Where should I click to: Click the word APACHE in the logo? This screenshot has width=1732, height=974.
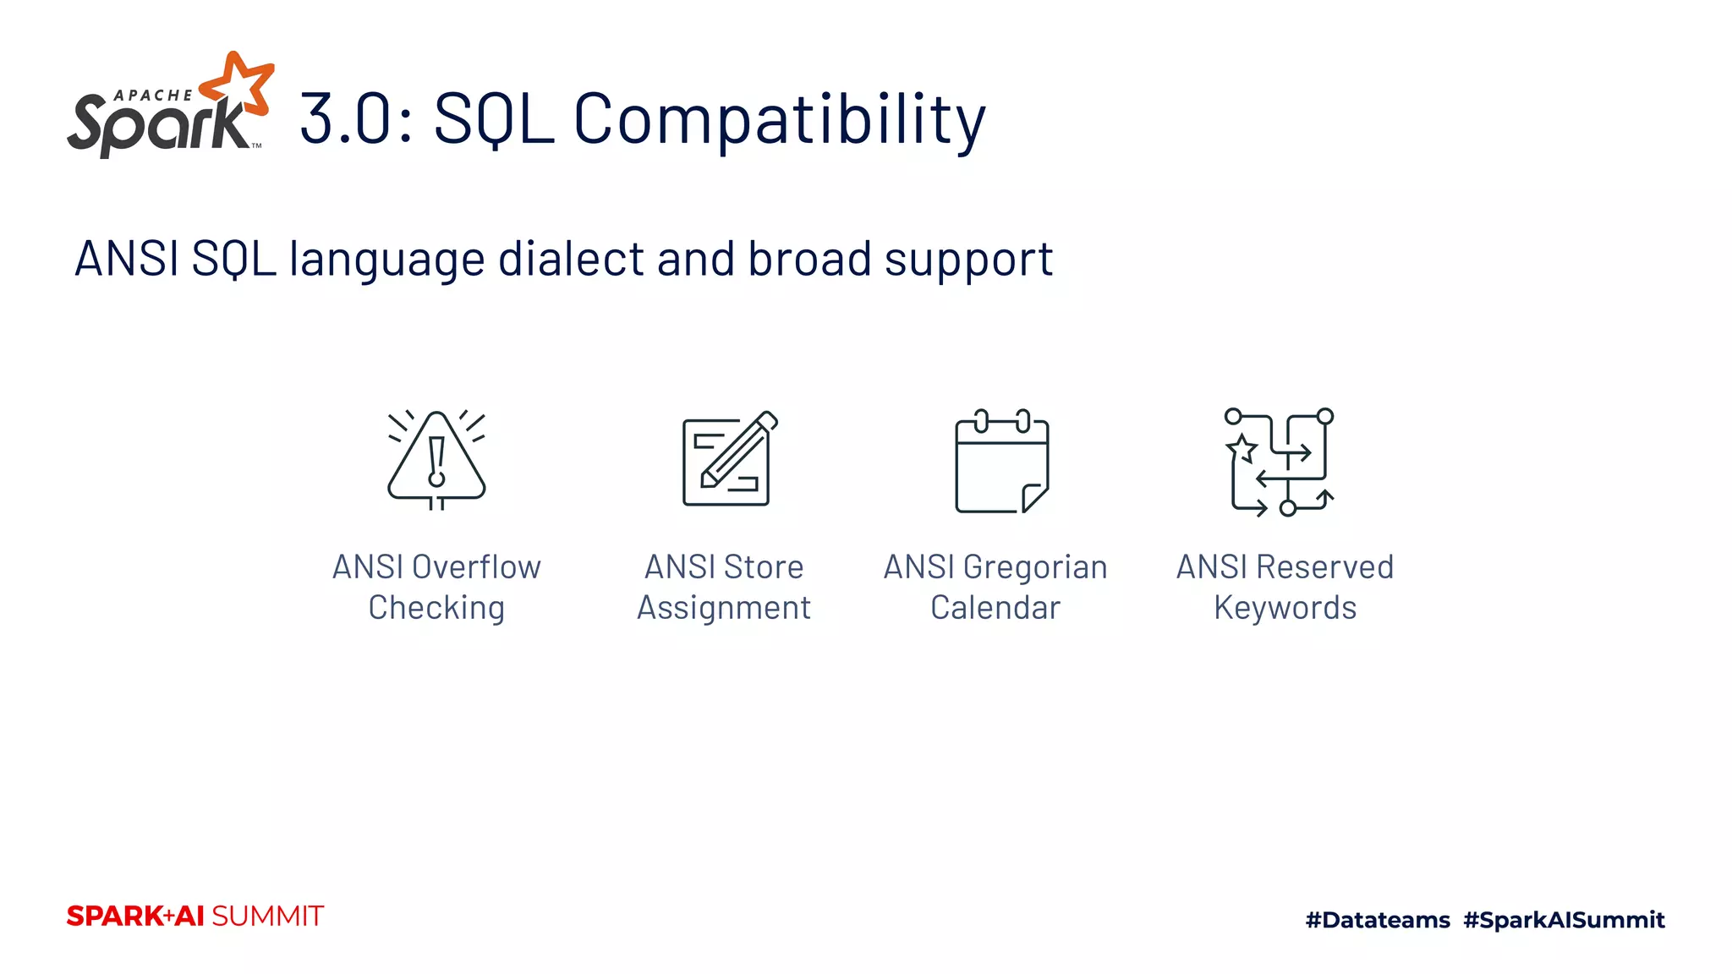point(153,96)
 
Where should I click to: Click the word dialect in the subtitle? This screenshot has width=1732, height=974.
point(570,259)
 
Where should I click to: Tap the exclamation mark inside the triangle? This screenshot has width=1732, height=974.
point(436,462)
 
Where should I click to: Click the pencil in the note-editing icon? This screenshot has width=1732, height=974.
point(737,451)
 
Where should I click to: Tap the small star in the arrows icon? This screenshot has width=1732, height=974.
point(1242,448)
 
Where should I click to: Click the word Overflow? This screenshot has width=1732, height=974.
point(476,567)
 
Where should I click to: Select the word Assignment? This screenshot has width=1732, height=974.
point(724,608)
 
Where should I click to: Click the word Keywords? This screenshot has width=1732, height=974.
point(1285,608)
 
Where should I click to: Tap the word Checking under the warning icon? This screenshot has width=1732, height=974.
point(436,608)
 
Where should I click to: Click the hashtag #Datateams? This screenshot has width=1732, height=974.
point(1377,920)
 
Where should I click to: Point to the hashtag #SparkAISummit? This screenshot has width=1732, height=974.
point(1564,920)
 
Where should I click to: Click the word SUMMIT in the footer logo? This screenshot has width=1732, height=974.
point(267,917)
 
